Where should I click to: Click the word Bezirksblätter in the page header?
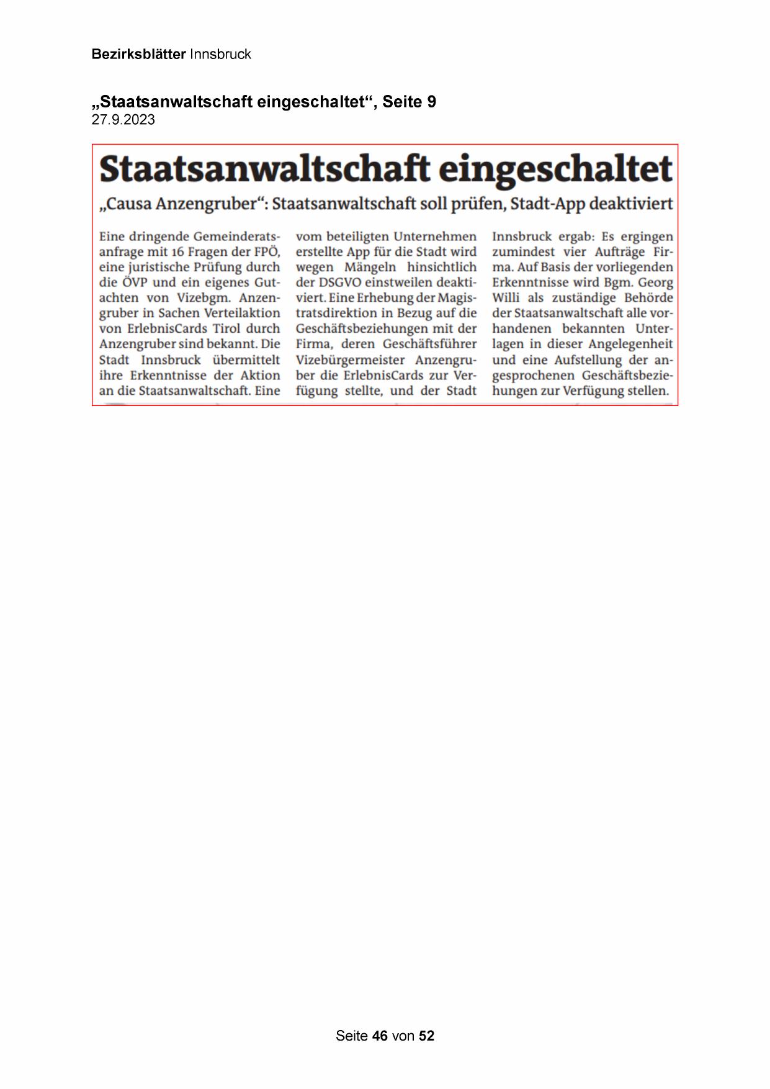pyautogui.click(x=138, y=54)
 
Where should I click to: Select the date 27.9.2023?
pyautogui.click(x=123, y=120)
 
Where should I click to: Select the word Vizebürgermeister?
pyautogui.click(x=349, y=360)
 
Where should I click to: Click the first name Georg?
pyautogui.click(x=655, y=282)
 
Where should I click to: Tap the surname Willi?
pyautogui.click(x=506, y=298)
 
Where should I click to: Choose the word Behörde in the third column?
pyautogui.click(x=648, y=298)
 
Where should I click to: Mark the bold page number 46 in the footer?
pyautogui.click(x=380, y=1036)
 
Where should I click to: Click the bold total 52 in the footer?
pyautogui.click(x=427, y=1036)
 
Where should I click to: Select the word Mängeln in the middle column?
pyautogui.click(x=370, y=268)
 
